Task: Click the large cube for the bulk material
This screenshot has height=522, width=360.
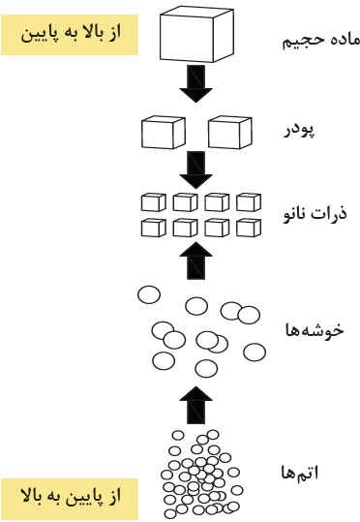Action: tap(196, 34)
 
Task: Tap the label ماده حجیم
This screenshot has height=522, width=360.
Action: tap(320, 41)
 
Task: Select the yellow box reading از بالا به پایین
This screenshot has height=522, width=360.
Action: tap(70, 35)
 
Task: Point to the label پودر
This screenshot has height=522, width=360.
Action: tap(299, 131)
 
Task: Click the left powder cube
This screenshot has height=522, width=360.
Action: tap(164, 133)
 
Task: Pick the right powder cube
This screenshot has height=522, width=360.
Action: tap(230, 133)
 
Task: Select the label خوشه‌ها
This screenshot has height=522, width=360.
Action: tap(315, 330)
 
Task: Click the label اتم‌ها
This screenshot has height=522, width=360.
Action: tap(300, 473)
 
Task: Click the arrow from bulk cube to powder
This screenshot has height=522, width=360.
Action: tap(196, 83)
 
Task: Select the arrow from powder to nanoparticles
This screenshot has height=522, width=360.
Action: tap(196, 170)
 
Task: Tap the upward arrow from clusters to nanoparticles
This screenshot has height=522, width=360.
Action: tap(196, 261)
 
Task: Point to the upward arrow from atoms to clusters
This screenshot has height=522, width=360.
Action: tap(196, 405)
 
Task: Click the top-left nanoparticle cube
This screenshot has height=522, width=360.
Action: tap(153, 202)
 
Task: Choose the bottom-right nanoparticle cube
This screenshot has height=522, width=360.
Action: tap(249, 228)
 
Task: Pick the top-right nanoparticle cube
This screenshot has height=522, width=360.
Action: tap(249, 202)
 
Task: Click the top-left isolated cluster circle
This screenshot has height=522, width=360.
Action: tap(149, 294)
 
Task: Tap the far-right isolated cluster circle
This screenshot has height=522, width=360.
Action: tap(255, 353)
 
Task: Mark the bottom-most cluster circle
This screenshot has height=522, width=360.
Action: tap(206, 369)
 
